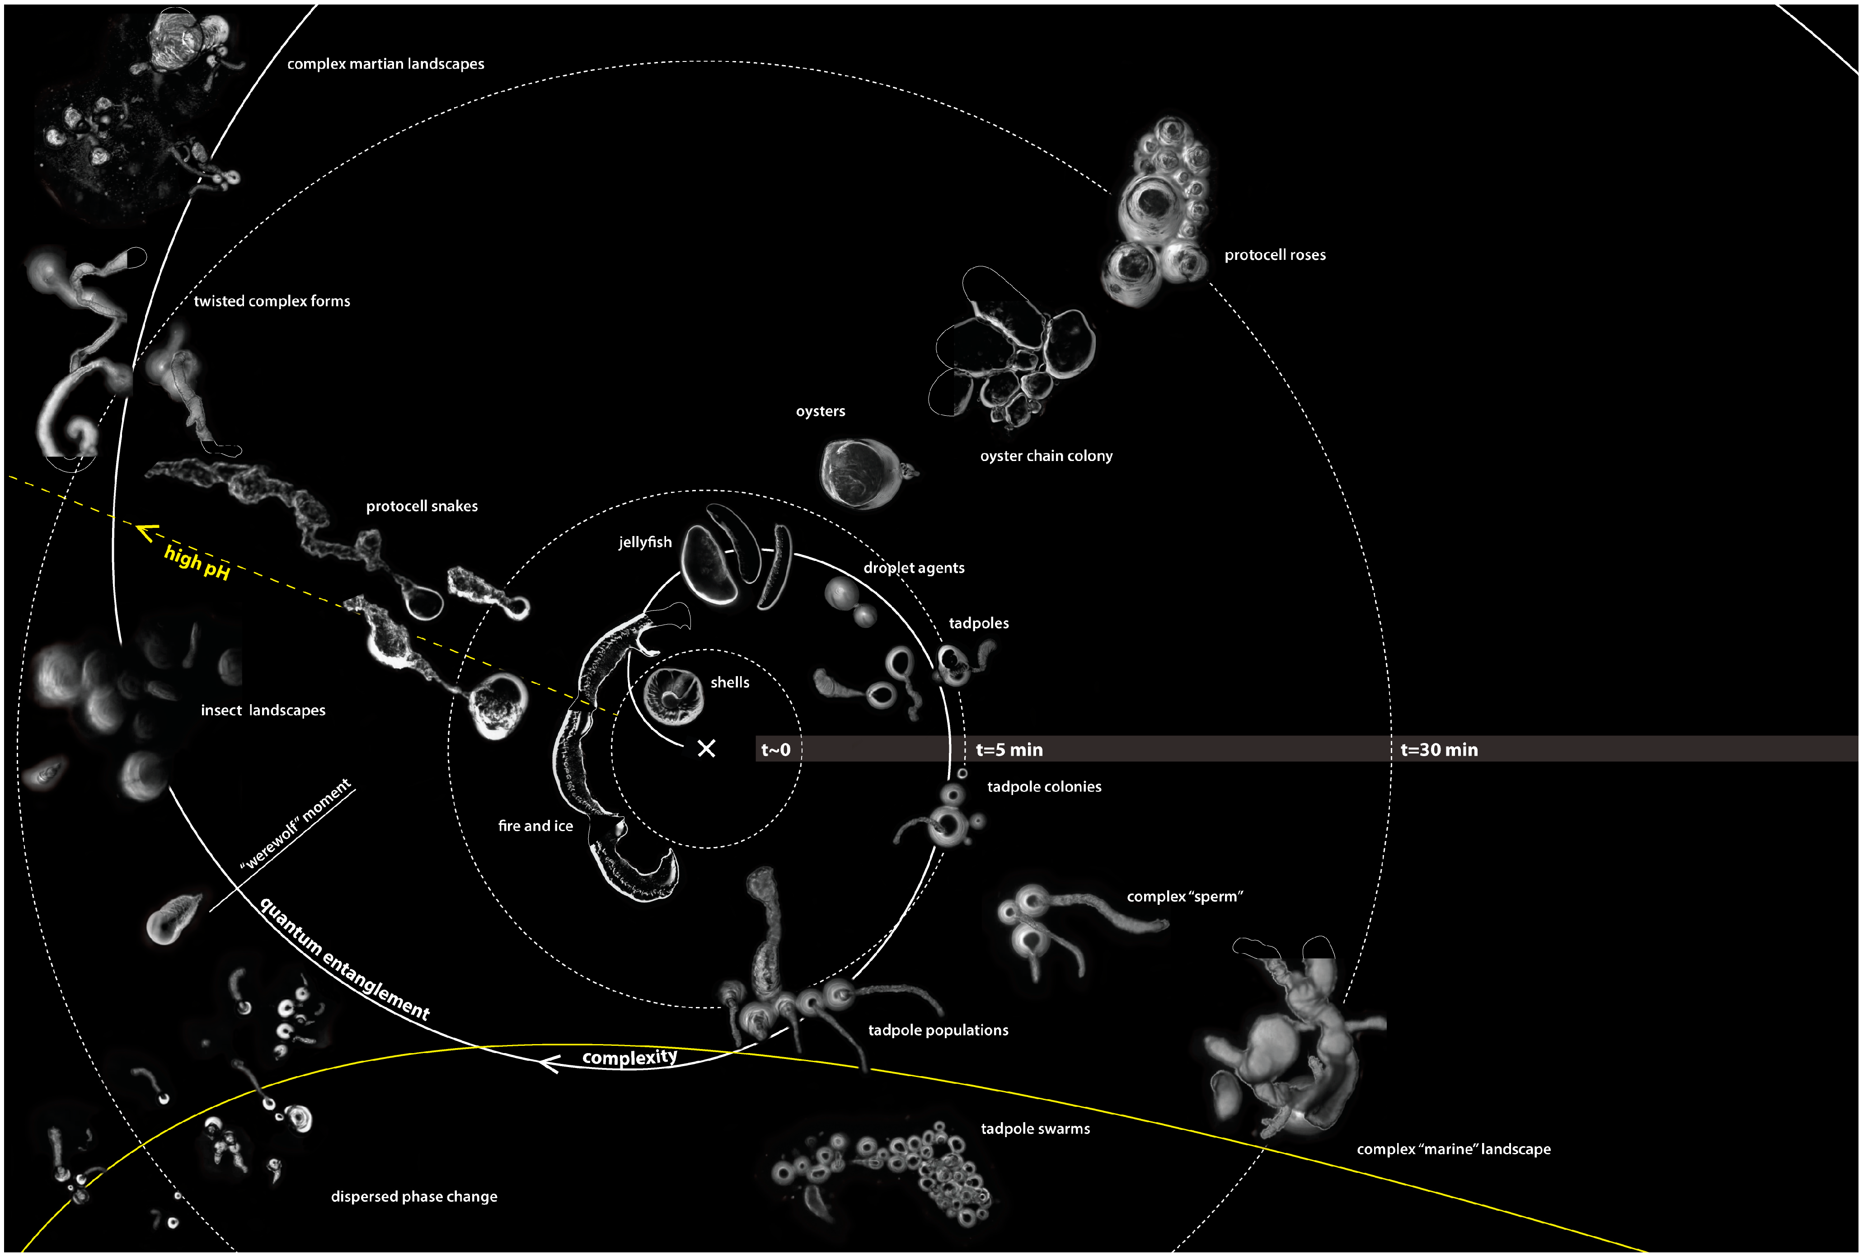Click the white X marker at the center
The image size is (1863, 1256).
tap(706, 748)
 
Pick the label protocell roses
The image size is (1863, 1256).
tap(1275, 255)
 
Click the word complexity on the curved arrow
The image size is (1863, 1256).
tap(629, 1057)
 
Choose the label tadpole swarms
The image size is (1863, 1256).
tap(1035, 1129)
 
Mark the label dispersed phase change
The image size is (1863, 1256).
tap(414, 1197)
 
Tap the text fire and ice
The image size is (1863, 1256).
tap(535, 826)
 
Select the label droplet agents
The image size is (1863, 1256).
tap(914, 568)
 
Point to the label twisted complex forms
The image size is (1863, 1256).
tap(272, 301)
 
